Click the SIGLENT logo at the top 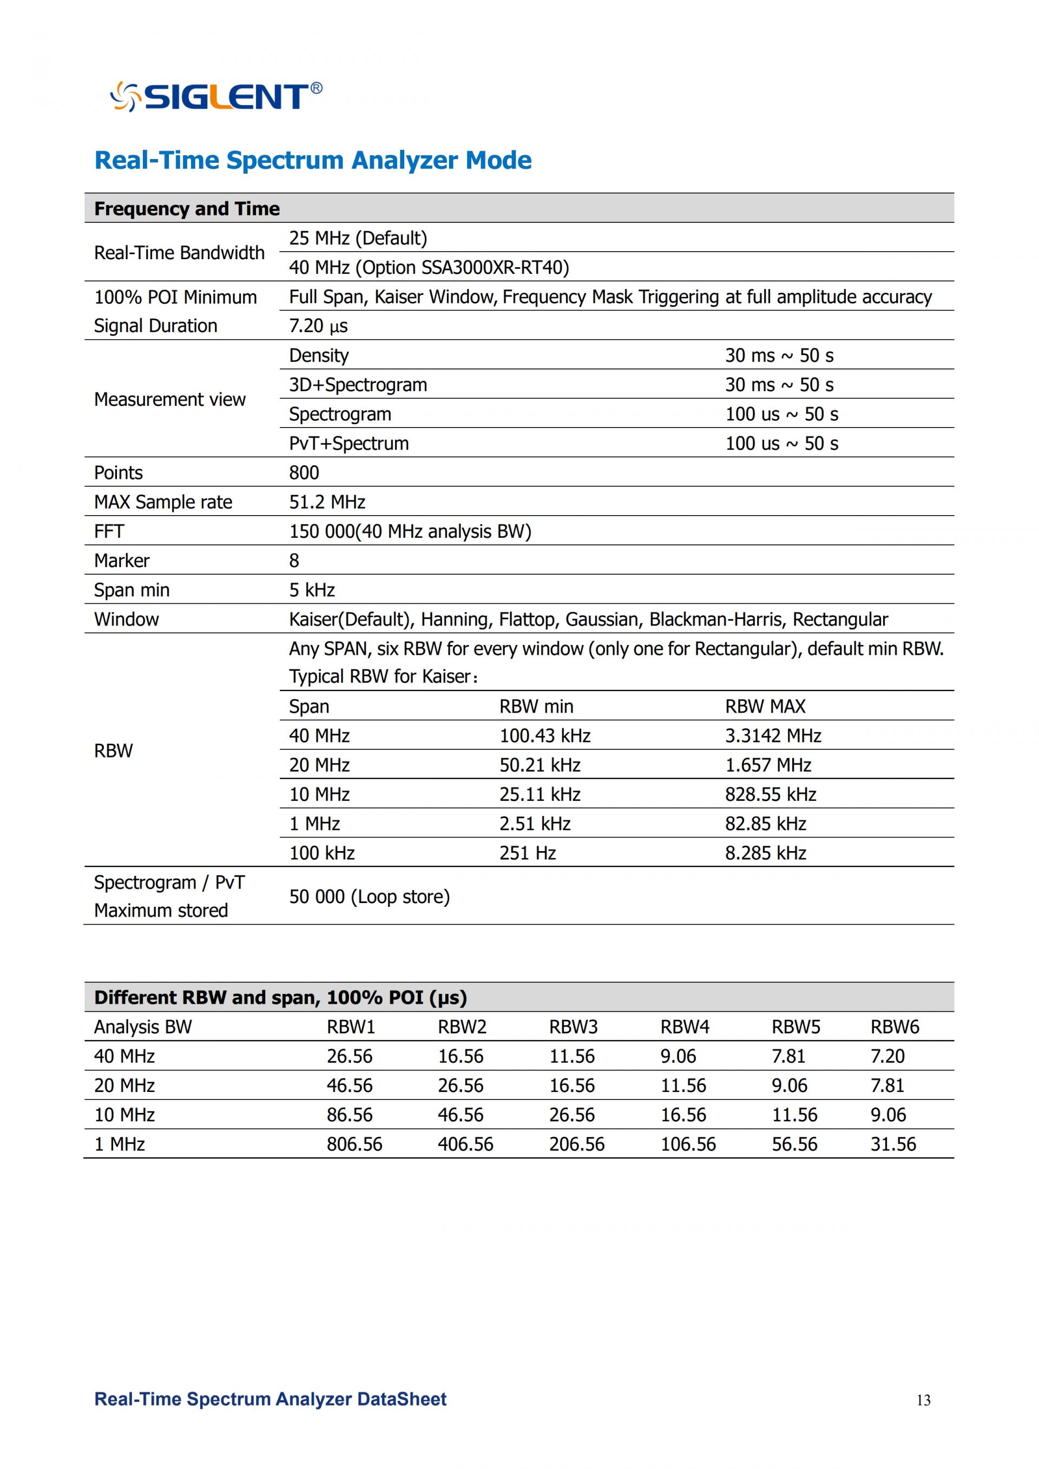(216, 97)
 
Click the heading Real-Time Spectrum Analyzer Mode (313, 160)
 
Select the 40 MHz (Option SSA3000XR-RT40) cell (429, 267)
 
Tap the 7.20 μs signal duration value (318, 326)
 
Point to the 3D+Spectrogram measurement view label (358, 385)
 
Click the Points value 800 (304, 473)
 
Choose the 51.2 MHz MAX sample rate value (327, 502)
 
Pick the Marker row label (122, 561)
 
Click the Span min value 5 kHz (312, 590)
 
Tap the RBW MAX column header (765, 706)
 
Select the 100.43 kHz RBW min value (544, 736)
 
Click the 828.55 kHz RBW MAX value (770, 795)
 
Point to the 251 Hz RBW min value (527, 853)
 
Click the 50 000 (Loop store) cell (369, 897)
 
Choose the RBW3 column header (573, 1027)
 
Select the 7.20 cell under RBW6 (887, 1056)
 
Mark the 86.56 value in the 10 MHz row (350, 1115)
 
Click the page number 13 (923, 1400)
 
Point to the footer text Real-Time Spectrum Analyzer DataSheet (270, 1399)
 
